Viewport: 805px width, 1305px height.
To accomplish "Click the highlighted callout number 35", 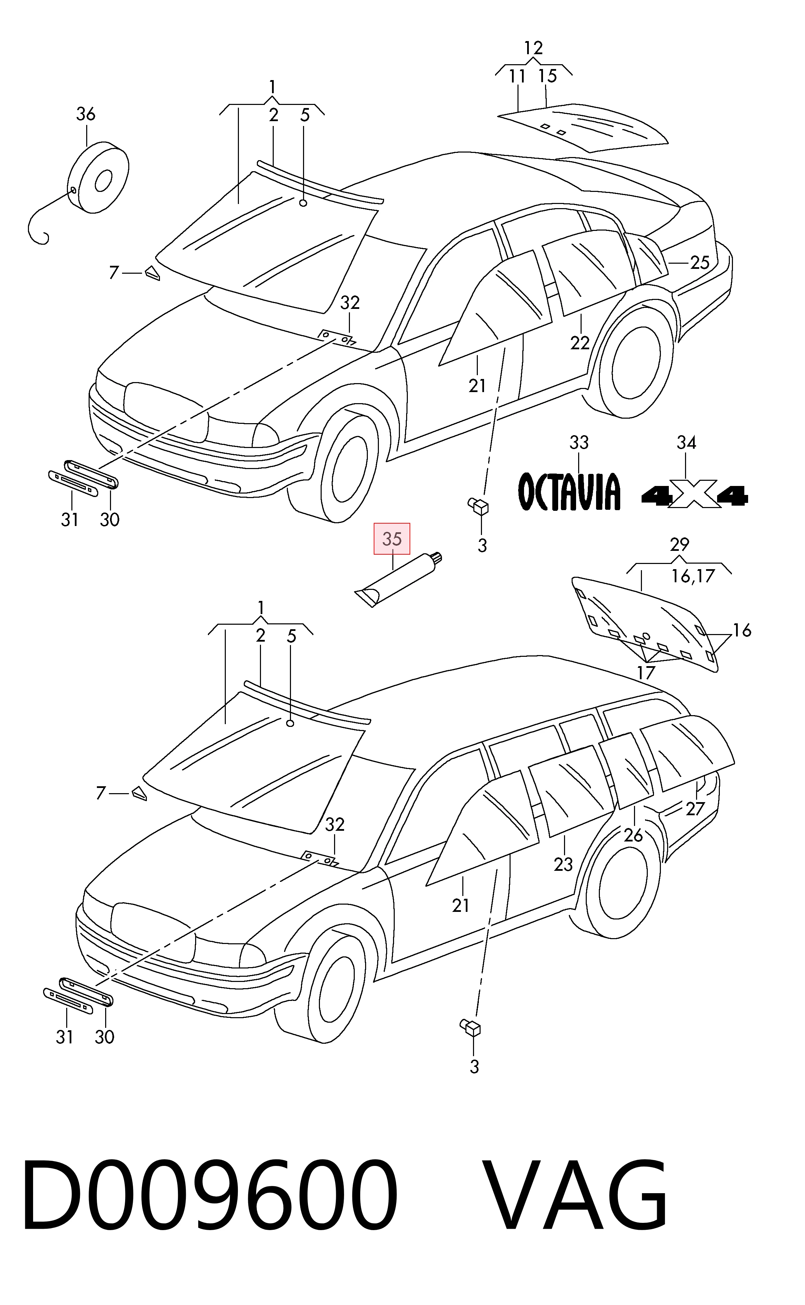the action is tap(392, 539).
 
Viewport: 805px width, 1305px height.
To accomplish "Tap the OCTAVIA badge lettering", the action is tap(570, 491).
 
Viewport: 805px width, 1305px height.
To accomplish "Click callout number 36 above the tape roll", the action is tap(86, 114).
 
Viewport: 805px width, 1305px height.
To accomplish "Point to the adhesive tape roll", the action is tap(99, 177).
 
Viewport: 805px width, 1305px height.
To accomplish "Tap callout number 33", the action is tap(579, 442).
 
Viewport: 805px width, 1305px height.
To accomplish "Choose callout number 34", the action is tap(686, 442).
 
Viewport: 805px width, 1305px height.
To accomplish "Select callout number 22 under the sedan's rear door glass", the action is tap(580, 343).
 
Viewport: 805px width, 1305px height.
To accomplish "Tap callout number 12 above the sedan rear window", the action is tap(533, 48).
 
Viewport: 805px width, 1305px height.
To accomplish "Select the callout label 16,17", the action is tap(693, 576).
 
